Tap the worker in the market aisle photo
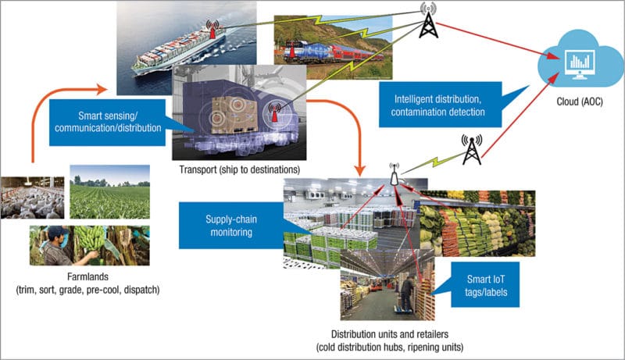coord(406,293)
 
